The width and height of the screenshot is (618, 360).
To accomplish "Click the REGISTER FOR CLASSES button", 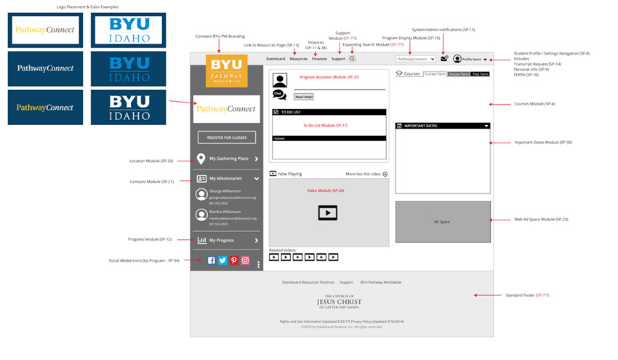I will (226, 137).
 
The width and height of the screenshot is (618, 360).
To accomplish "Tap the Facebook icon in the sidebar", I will (212, 260).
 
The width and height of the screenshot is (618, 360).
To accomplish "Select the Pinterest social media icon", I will (234, 260).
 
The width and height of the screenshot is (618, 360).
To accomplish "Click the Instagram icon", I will (246, 260).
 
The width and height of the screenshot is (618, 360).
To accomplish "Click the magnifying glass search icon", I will (353, 58).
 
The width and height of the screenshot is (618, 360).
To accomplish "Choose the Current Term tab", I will (436, 74).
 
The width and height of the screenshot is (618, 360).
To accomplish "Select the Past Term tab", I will (480, 74).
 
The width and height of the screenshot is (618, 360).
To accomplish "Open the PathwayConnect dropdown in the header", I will (415, 58).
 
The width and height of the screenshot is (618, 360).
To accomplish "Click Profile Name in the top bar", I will (472, 59).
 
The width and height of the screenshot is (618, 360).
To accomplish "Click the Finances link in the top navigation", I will (319, 58).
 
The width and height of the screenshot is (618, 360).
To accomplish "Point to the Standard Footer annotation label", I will (526, 295).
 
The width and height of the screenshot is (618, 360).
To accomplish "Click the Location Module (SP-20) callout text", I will (151, 161).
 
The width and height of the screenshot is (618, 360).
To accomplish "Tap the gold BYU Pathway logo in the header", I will (226, 71).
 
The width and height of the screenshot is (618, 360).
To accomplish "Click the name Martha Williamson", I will (227, 212).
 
